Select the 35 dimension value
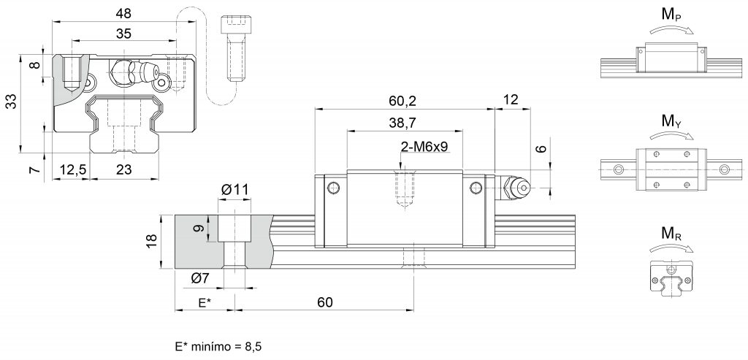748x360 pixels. [123, 34]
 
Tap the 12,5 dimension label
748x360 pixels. [71, 169]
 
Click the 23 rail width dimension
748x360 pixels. [123, 169]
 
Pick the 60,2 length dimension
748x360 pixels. [403, 101]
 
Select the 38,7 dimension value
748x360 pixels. [403, 123]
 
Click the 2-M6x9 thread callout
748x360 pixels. [424, 147]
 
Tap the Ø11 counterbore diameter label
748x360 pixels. [234, 190]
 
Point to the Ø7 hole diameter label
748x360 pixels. [199, 277]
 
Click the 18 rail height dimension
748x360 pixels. [152, 242]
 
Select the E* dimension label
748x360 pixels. [205, 302]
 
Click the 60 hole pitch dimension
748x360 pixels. [324, 302]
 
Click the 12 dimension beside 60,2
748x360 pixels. [511, 100]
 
